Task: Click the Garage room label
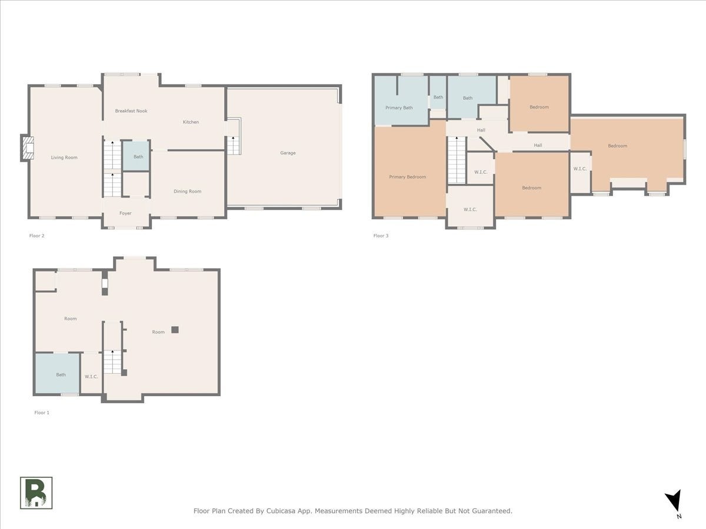pyautogui.click(x=288, y=153)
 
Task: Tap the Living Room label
pyautogui.click(x=64, y=158)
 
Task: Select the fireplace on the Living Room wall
pyautogui.click(x=27, y=148)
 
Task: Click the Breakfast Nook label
pyautogui.click(x=131, y=111)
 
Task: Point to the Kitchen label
pyautogui.click(x=191, y=122)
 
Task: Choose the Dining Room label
pyautogui.click(x=188, y=192)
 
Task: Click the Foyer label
pyautogui.click(x=125, y=213)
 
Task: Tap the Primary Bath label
pyautogui.click(x=399, y=108)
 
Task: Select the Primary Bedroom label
pyautogui.click(x=408, y=177)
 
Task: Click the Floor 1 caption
pyautogui.click(x=42, y=413)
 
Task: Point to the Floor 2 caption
pyautogui.click(x=36, y=236)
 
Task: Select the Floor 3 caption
pyautogui.click(x=381, y=236)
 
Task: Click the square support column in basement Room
pyautogui.click(x=175, y=330)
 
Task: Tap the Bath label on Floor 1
pyautogui.click(x=61, y=375)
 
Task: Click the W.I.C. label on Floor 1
pyautogui.click(x=91, y=376)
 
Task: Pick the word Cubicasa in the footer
pyautogui.click(x=279, y=511)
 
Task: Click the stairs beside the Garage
pyautogui.click(x=234, y=146)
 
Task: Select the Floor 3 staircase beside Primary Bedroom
pyautogui.click(x=457, y=160)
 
